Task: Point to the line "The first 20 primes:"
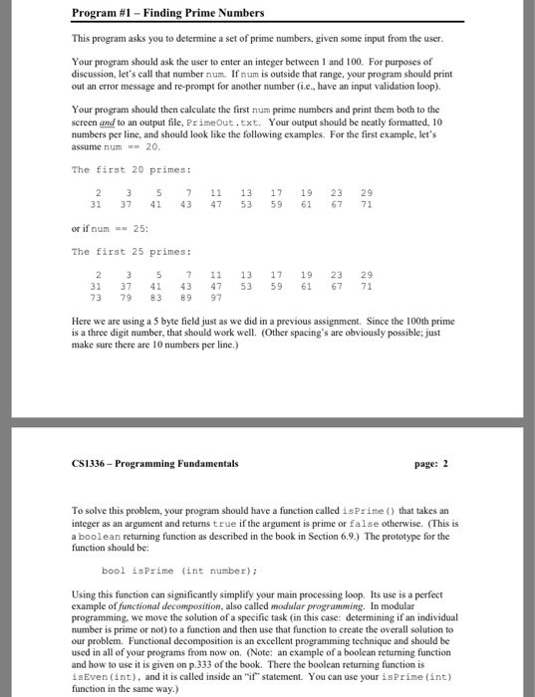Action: [x=119, y=168]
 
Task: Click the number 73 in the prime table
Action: [x=96, y=296]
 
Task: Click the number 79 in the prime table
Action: [x=126, y=296]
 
